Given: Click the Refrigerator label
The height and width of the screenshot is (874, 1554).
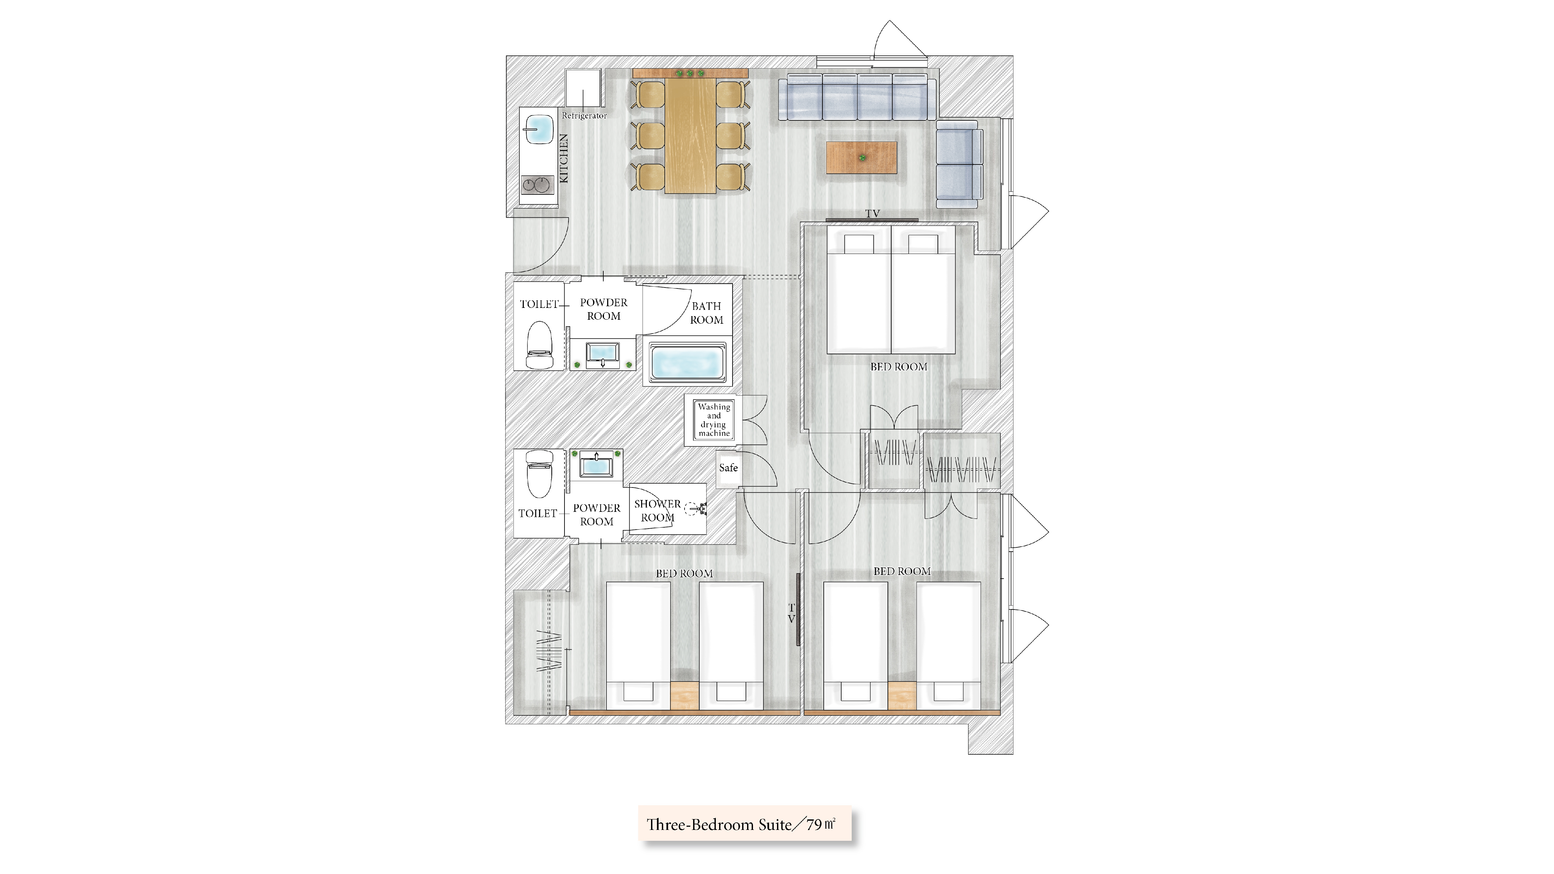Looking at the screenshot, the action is tap(584, 115).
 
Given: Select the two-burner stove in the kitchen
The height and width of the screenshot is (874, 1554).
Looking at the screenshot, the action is tap(115, 185).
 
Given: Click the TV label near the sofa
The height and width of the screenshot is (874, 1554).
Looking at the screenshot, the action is tap(872, 213).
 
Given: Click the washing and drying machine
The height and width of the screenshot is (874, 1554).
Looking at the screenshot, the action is tap(714, 420).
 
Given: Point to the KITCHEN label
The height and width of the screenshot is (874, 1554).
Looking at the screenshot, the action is tap(141, 158).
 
